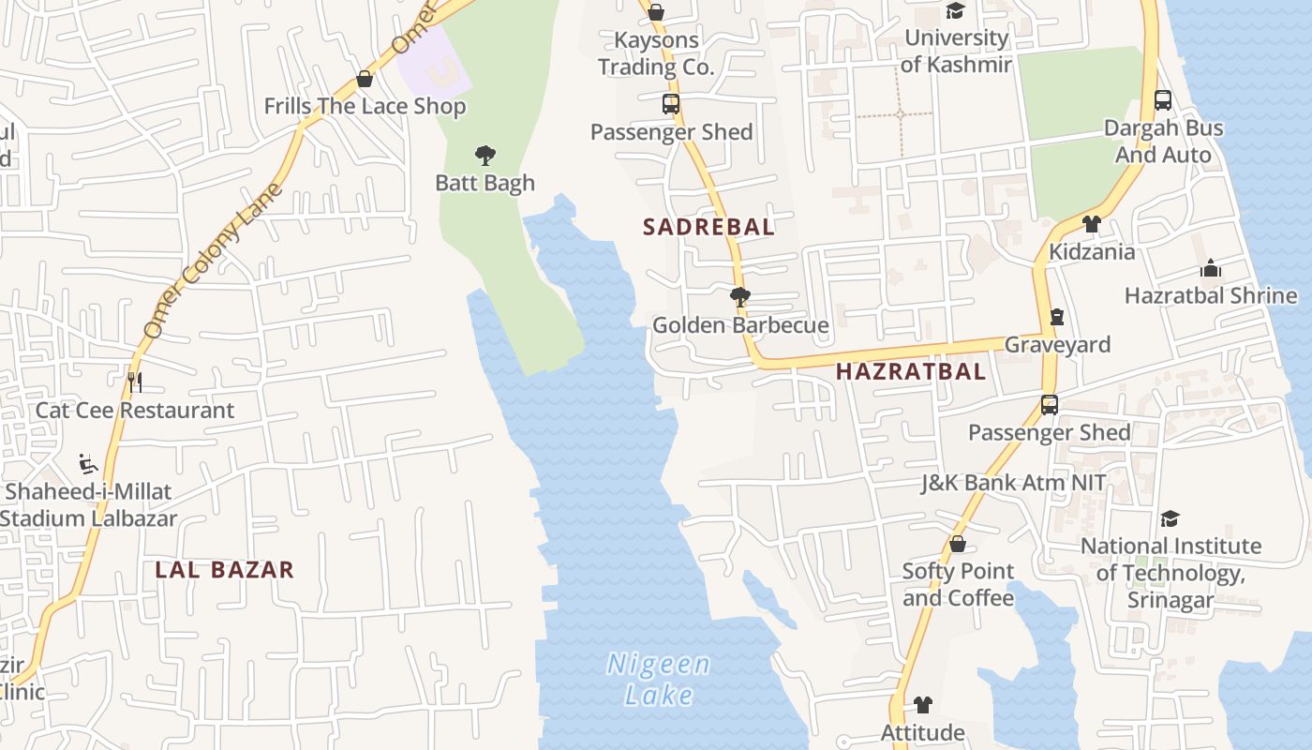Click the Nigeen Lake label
click(x=658, y=680)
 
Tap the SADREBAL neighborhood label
click(x=708, y=227)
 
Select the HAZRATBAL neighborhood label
click(x=910, y=371)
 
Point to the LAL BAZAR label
click(x=225, y=569)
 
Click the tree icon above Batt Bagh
click(x=485, y=155)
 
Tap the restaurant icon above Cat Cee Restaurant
click(x=135, y=382)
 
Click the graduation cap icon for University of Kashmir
click(x=955, y=11)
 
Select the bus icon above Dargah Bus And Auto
click(x=1163, y=100)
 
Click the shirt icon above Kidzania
click(x=1091, y=224)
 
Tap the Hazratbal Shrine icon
click(x=1211, y=269)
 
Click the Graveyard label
click(x=1057, y=345)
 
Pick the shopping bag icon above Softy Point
click(x=957, y=544)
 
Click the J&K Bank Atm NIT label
click(x=1013, y=483)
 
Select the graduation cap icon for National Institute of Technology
click(x=1170, y=518)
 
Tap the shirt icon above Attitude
click(x=923, y=705)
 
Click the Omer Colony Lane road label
click(x=214, y=262)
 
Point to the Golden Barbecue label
click(x=740, y=325)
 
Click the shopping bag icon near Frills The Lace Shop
click(x=365, y=80)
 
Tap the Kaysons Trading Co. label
click(x=656, y=53)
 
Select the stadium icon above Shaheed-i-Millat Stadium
click(x=88, y=464)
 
